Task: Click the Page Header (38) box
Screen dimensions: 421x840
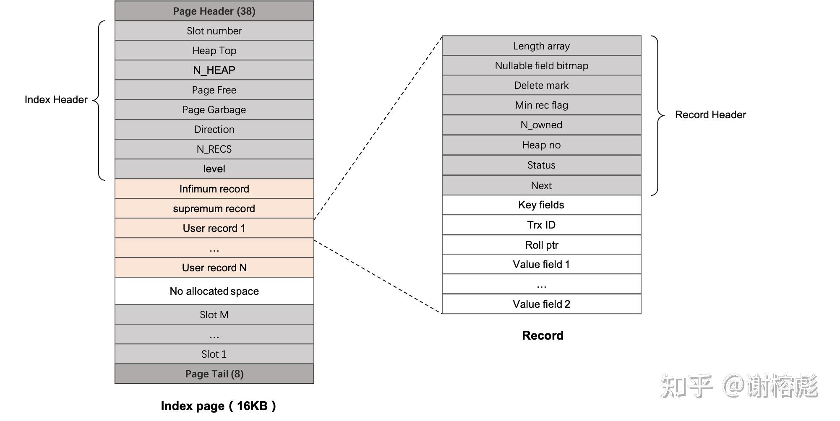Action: tap(214, 11)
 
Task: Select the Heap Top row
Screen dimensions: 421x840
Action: tap(214, 50)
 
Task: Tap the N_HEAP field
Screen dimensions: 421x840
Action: tap(214, 70)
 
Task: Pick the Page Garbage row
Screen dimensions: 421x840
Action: tap(214, 109)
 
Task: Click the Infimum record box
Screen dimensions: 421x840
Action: tap(214, 189)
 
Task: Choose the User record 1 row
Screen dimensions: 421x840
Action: tap(214, 228)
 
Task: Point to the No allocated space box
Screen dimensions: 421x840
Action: tap(214, 291)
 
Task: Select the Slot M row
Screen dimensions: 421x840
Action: tap(214, 314)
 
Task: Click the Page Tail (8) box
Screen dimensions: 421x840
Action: tap(214, 374)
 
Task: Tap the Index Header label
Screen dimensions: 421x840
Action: tap(56, 99)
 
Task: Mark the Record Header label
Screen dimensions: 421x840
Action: tap(710, 114)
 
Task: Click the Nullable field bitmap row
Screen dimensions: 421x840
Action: tap(541, 65)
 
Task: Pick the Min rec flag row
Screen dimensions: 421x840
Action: tap(541, 105)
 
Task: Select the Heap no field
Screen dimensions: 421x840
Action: tap(541, 145)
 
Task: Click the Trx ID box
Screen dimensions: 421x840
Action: tap(541, 225)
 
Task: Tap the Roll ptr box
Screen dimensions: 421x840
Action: tap(541, 245)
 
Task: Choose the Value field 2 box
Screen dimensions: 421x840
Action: tap(541, 304)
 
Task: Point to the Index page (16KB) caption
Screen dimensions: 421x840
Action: tap(218, 405)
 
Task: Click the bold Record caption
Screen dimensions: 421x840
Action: tap(543, 335)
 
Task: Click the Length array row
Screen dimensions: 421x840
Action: tap(541, 46)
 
